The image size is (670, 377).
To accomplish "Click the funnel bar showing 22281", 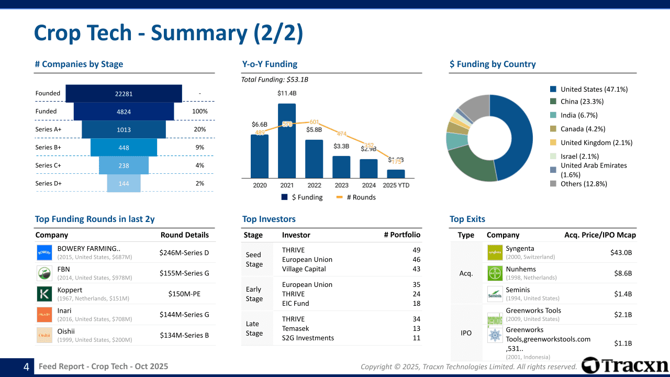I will point(124,94).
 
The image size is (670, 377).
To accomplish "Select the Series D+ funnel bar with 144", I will point(124,184).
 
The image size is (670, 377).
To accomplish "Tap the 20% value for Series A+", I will point(200,129).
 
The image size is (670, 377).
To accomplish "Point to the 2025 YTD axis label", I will point(396,185).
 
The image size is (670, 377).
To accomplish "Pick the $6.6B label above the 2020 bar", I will point(260,125).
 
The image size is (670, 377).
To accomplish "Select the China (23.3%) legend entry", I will point(582,102).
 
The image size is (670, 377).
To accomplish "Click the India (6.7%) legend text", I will point(578,115).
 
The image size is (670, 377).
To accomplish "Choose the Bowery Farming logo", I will point(44,253).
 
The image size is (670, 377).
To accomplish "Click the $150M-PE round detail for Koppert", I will point(184,294).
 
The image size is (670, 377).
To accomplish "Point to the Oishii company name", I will point(66,331).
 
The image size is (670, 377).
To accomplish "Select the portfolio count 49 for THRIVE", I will point(417,250).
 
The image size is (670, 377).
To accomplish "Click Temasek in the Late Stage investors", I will point(295,329).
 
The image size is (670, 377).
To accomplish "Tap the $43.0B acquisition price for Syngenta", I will point(621,252).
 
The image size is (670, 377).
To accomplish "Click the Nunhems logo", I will point(495,273).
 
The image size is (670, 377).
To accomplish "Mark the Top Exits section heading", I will point(467,219).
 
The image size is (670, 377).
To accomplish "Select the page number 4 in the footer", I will point(26,367).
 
